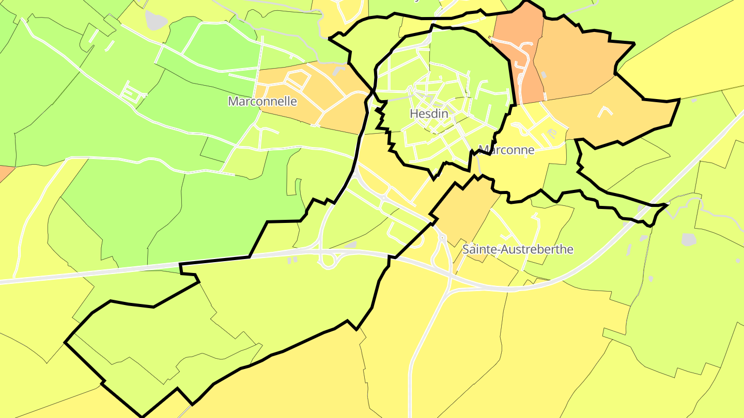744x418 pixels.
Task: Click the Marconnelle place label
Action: click(262, 101)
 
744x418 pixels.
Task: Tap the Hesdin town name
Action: click(428, 114)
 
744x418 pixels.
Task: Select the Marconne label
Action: click(506, 150)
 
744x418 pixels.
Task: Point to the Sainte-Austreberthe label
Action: click(518, 249)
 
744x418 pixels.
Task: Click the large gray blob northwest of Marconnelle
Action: click(156, 20)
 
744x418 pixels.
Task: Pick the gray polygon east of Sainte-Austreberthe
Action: click(689, 239)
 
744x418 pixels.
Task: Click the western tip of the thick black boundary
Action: click(65, 342)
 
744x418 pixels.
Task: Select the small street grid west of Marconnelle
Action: click(132, 93)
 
